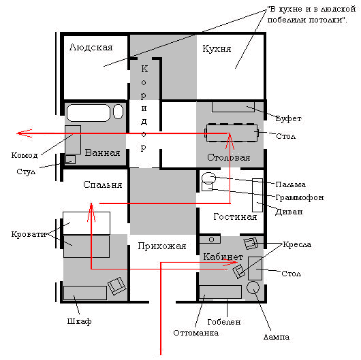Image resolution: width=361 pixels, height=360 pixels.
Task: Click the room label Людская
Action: pos(91,48)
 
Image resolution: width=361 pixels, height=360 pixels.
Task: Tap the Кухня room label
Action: pos(217,49)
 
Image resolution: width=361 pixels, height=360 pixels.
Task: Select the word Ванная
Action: pos(102,152)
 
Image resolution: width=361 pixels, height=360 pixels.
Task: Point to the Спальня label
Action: pos(102,184)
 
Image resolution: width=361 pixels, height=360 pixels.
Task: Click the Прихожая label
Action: pos(162,246)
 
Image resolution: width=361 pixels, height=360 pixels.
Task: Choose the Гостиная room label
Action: pos(235,216)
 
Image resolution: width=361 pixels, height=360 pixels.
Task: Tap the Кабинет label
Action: pos(223,257)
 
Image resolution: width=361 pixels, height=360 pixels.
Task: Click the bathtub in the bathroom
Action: pos(89,113)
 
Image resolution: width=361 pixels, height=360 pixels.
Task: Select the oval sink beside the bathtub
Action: pos(118,112)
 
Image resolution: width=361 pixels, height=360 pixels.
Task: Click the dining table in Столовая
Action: pos(232,133)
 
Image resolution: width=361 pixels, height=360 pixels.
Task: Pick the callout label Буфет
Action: pos(289,118)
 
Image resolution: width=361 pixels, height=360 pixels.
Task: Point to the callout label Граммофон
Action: pos(300,197)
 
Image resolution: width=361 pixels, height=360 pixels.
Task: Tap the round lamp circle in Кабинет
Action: pos(253,287)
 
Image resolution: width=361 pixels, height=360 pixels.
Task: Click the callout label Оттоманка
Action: pos(196,333)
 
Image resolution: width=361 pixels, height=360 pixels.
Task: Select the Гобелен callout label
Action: pos(224,322)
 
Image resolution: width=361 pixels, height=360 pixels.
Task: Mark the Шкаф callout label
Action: pos(79,321)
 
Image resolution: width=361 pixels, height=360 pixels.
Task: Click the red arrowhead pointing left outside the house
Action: pos(24,133)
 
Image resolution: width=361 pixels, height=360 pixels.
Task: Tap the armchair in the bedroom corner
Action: pos(117,286)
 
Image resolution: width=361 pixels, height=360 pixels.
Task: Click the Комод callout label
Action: pos(25,156)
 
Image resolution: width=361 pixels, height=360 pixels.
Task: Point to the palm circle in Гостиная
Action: pos(208,178)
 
